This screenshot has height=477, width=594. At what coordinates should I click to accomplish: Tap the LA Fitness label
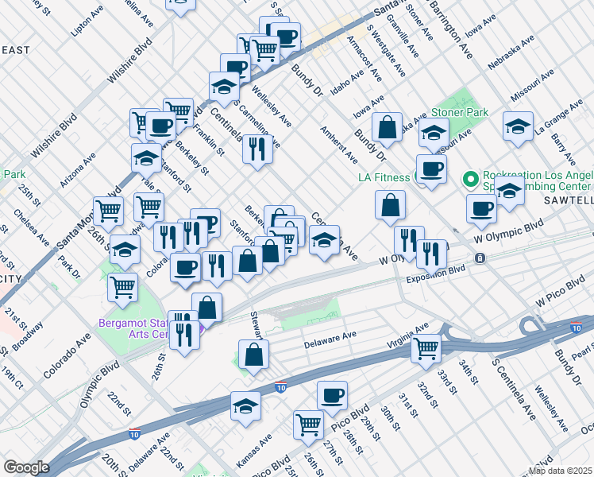387,176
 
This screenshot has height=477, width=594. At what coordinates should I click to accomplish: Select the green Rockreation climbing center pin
469,176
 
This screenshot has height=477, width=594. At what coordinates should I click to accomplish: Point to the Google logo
26,467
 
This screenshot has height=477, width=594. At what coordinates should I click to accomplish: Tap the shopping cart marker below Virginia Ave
426,347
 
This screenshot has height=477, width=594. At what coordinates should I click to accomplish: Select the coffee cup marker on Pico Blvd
332,394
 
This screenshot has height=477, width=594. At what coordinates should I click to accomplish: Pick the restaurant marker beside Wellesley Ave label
256,148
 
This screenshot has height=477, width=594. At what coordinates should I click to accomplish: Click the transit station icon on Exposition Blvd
480,258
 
